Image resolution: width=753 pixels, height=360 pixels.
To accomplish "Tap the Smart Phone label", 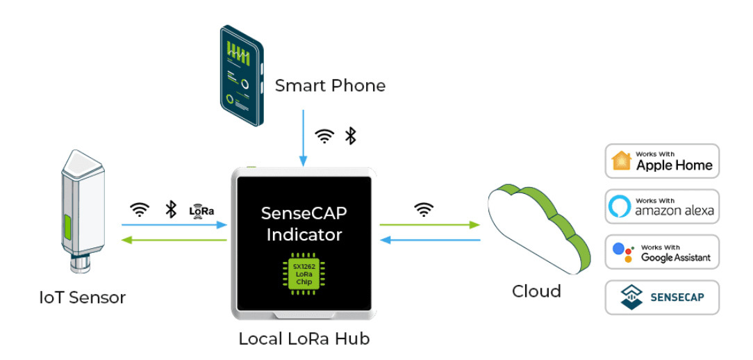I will pyautogui.click(x=330, y=86).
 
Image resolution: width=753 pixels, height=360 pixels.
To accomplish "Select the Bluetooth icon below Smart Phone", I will pyautogui.click(x=351, y=136).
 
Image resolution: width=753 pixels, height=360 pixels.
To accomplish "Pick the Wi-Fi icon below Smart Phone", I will pyautogui.click(x=324, y=136).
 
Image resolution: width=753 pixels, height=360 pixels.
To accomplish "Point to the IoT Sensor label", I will pyautogui.click(x=83, y=298).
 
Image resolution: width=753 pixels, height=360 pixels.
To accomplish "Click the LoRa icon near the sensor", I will pyautogui.click(x=201, y=210).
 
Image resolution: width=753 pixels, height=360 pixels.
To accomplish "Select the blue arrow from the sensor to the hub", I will pyautogui.click(x=174, y=224).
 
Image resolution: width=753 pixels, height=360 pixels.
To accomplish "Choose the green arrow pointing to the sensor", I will pyautogui.click(x=174, y=240).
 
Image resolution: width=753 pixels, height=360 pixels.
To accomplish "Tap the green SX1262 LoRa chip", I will pyautogui.click(x=304, y=275).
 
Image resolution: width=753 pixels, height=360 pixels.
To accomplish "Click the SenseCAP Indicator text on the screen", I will pyautogui.click(x=304, y=224).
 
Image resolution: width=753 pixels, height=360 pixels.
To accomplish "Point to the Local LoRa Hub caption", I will pyautogui.click(x=304, y=339).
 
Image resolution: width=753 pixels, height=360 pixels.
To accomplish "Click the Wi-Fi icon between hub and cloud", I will pyautogui.click(x=424, y=209).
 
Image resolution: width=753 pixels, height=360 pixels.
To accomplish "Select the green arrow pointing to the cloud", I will pyautogui.click(x=430, y=224).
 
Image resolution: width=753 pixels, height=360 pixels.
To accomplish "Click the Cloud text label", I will pyautogui.click(x=536, y=291).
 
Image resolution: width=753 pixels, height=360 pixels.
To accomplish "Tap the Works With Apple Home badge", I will pyautogui.click(x=661, y=161).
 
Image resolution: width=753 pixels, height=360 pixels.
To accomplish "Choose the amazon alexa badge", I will pyautogui.click(x=661, y=206).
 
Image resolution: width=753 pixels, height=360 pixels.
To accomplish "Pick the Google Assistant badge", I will pyautogui.click(x=661, y=252).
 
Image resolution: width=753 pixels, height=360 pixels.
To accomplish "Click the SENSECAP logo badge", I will pyautogui.click(x=661, y=297).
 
